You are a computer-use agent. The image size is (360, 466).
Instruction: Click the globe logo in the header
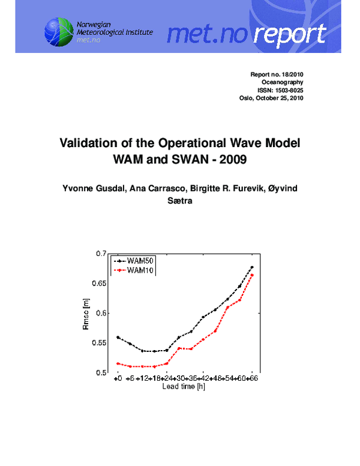point(58,31)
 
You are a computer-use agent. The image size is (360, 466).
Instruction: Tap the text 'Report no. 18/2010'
point(277,74)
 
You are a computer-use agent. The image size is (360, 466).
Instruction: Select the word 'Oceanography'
point(283,82)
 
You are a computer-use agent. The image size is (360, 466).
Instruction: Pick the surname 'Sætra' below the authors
point(179,202)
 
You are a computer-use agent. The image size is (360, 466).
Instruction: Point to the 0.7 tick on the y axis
point(100,254)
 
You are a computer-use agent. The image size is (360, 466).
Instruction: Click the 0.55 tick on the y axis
point(98,343)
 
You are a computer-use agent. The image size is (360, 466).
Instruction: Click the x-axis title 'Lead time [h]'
point(184,387)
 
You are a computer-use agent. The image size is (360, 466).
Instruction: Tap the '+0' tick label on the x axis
point(118,380)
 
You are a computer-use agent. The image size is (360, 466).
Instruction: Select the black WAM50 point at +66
point(252,267)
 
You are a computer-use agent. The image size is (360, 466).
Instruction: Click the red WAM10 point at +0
point(118,363)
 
